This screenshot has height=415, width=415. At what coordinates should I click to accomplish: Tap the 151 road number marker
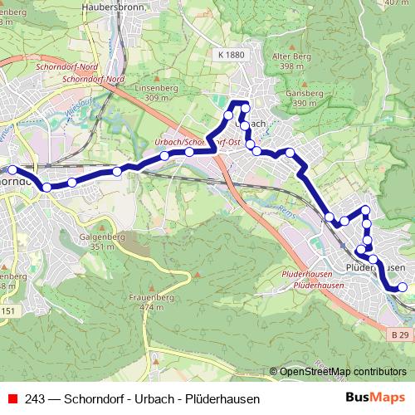click(x=8, y=310)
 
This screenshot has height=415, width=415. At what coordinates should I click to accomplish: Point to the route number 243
click(x=35, y=398)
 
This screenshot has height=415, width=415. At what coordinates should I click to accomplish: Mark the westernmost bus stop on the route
click(x=12, y=170)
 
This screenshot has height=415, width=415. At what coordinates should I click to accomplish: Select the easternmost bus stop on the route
click(x=403, y=287)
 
